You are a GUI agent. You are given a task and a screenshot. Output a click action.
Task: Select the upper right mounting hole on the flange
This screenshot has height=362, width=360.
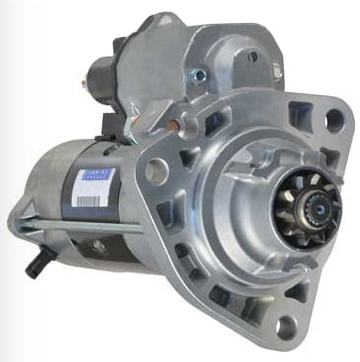click(334, 120)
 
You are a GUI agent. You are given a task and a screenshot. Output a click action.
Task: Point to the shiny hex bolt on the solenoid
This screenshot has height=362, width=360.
click(200, 75)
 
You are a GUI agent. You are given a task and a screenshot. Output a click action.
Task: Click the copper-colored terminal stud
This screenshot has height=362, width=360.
click(173, 126)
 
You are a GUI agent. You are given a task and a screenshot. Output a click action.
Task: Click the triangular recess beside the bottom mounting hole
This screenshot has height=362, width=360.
click(299, 292)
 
